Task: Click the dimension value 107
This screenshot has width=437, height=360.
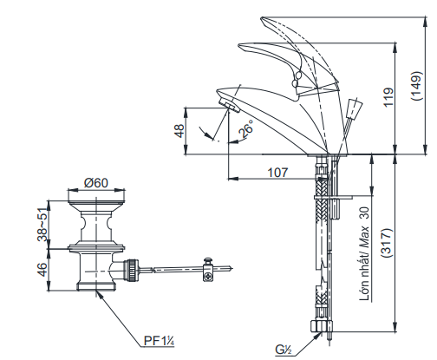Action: pos(277,172)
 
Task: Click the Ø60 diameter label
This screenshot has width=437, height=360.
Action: pos(95,183)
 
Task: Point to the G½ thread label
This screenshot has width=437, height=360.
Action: pos(284,349)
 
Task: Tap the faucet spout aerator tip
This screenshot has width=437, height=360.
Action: pos(229,105)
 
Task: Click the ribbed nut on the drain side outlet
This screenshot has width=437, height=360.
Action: pos(129,267)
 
